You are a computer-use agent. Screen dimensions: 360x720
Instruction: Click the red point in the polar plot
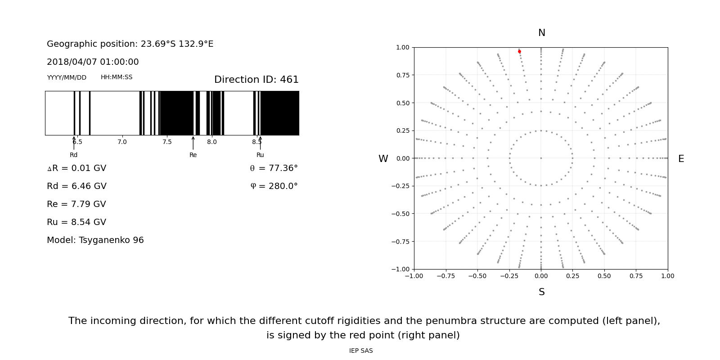(519, 52)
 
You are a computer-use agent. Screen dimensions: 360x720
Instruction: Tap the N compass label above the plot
(542, 33)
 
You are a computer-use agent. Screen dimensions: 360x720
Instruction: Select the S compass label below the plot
(542, 292)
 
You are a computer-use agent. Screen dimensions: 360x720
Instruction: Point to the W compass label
(383, 159)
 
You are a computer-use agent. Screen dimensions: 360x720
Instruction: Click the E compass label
(681, 159)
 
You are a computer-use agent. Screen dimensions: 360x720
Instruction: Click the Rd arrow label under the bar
(74, 155)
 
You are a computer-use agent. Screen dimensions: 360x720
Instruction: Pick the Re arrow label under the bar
(193, 155)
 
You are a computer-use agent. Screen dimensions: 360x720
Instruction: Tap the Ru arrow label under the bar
(260, 155)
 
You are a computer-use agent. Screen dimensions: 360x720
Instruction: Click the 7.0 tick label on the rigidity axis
(122, 142)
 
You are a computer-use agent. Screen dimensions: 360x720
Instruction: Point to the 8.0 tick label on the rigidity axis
(212, 142)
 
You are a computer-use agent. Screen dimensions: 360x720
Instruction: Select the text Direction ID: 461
(256, 80)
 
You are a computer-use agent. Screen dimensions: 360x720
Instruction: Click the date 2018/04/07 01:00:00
(93, 62)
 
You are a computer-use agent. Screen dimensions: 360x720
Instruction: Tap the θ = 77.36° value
(274, 168)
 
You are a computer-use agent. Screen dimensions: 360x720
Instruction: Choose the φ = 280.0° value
(274, 186)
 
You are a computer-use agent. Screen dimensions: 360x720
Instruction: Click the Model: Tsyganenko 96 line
(95, 240)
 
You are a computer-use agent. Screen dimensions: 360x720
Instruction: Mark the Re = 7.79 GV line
(76, 204)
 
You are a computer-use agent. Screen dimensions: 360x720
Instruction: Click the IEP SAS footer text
(361, 351)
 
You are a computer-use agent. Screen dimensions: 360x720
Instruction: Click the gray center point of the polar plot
(541, 158)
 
